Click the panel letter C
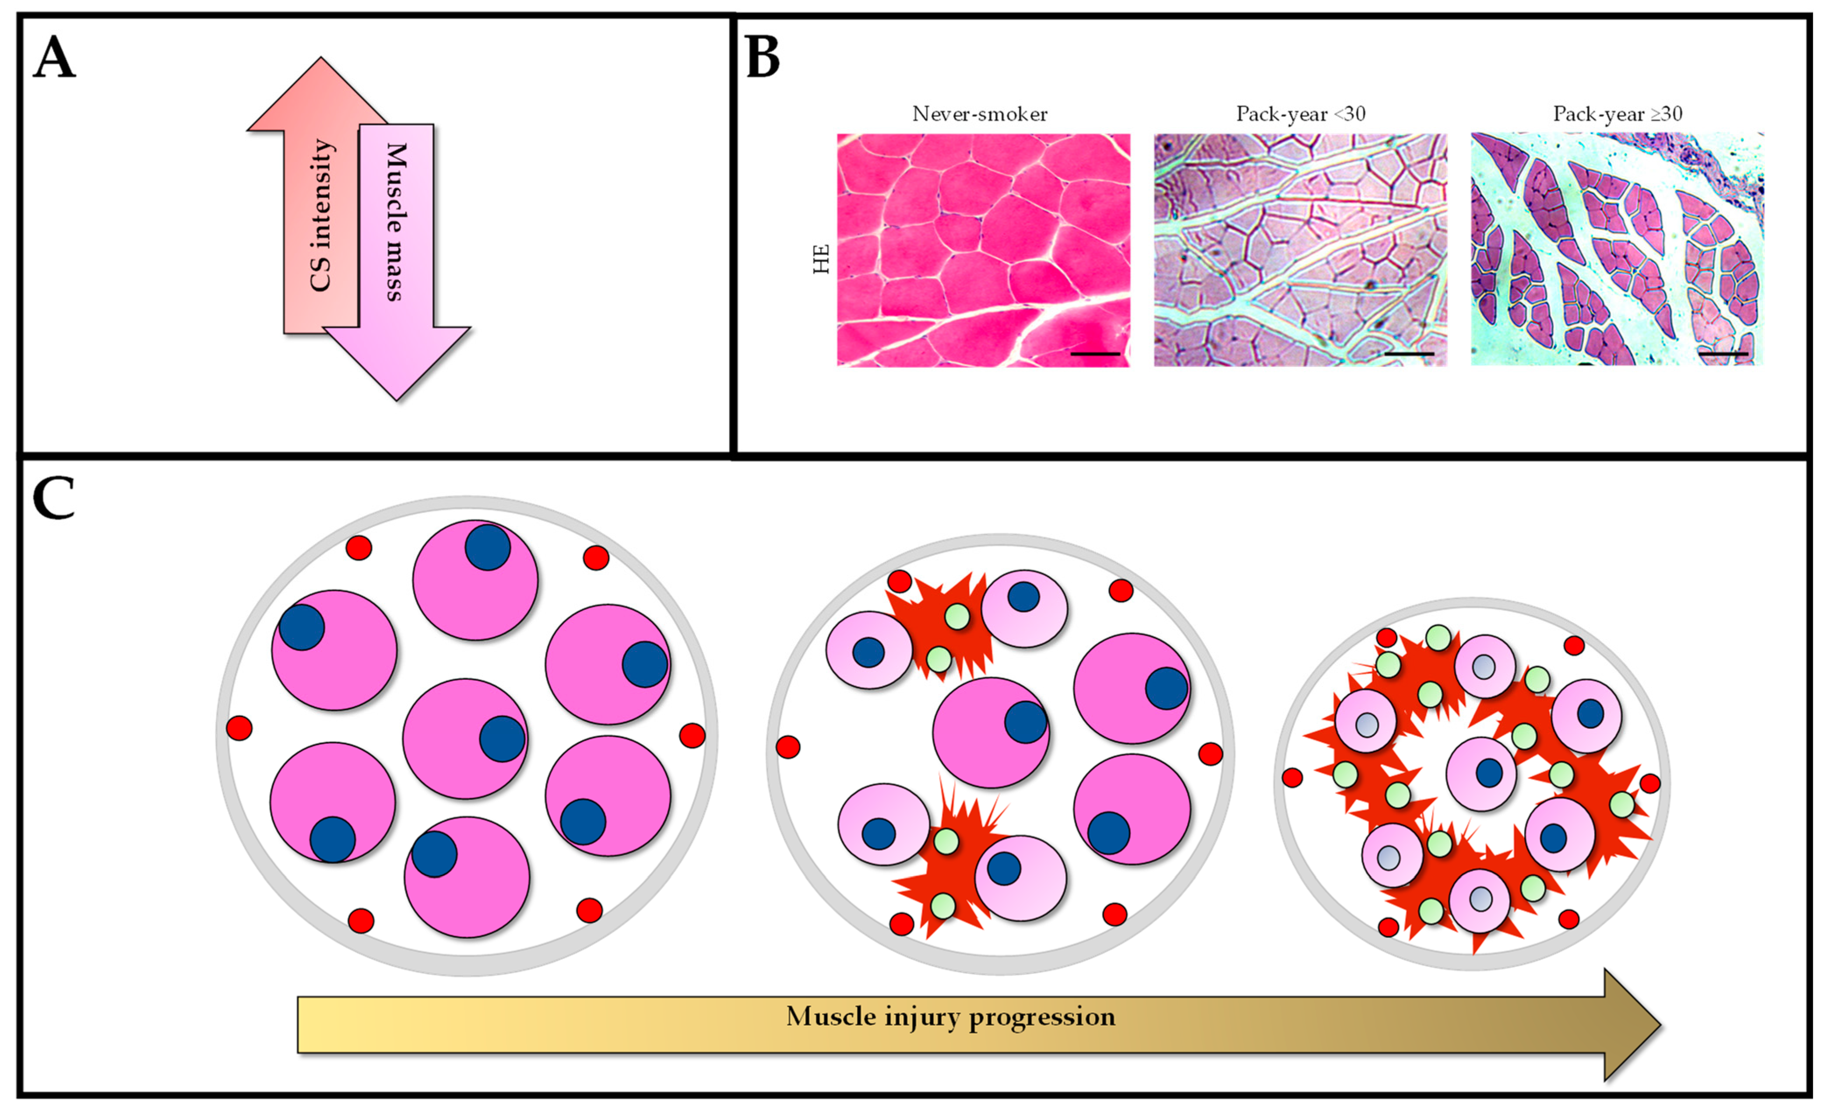point(53,499)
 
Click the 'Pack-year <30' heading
point(1301,114)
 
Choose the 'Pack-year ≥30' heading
point(1617,114)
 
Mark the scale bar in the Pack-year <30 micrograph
point(1409,354)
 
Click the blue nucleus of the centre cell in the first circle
point(502,739)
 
